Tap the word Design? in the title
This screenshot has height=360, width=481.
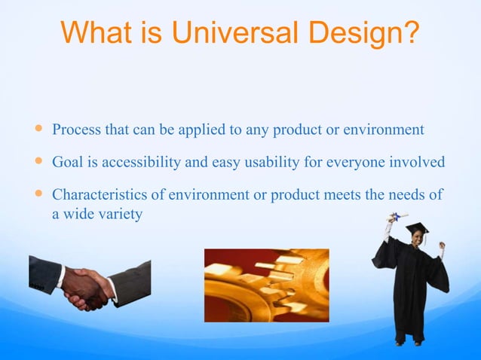click(360, 32)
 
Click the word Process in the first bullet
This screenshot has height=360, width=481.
click(75, 130)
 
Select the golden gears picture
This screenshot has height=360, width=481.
click(266, 285)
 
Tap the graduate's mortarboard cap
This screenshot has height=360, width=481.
click(416, 227)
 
